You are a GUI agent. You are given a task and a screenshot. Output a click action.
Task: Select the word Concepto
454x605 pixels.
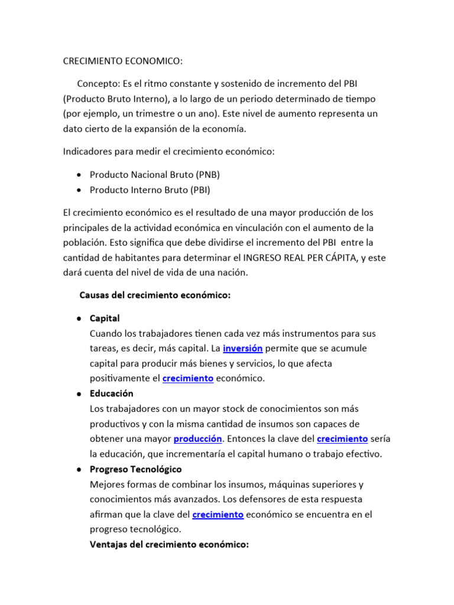pos(100,82)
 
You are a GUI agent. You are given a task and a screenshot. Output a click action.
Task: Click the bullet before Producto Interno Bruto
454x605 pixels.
pos(79,190)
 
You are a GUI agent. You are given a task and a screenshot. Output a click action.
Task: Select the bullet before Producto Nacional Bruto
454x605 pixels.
pos(79,175)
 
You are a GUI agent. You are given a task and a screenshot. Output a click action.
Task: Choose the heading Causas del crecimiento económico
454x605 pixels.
pos(154,295)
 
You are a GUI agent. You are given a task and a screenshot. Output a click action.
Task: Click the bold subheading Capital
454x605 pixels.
pos(105,318)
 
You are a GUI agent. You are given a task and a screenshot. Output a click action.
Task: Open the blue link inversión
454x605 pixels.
pos(242,349)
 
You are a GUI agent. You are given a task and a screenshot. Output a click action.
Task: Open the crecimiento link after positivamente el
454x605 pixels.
pos(187,379)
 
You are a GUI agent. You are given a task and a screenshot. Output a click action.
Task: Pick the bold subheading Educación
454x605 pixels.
pos(112,393)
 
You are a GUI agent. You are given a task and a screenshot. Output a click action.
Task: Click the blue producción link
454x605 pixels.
pos(197,439)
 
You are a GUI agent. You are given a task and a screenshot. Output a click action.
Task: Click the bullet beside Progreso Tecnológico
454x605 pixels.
pos(79,469)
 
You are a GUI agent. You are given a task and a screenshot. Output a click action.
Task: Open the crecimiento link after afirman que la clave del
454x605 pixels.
pos(218,515)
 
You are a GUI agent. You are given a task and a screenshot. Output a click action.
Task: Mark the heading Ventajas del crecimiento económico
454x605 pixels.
pos(169,544)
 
